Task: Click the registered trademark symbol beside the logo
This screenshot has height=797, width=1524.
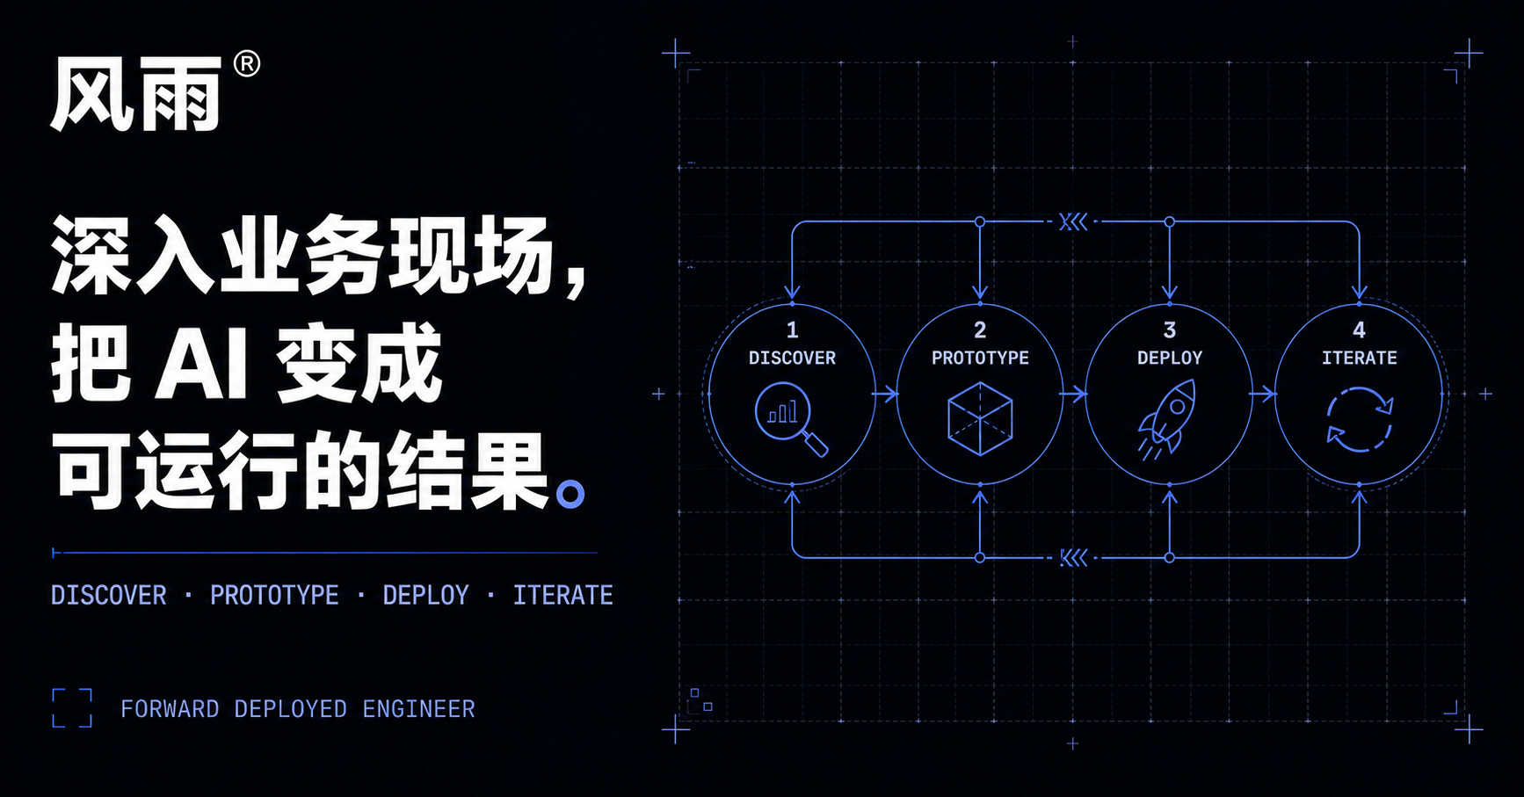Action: tap(247, 64)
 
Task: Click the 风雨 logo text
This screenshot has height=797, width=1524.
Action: tap(136, 95)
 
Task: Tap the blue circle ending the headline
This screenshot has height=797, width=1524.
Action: tap(570, 495)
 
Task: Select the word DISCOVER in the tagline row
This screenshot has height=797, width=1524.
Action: tap(109, 595)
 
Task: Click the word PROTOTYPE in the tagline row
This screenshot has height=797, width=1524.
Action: tap(274, 595)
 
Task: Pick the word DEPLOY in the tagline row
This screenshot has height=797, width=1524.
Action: tap(426, 595)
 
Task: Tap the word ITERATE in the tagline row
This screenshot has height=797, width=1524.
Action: tap(563, 595)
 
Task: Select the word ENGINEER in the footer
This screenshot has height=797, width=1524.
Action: tap(418, 709)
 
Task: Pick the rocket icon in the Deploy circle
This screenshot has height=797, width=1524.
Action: tap(1169, 418)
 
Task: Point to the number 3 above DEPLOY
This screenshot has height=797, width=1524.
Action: tap(1170, 330)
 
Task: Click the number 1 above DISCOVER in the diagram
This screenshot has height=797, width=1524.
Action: tap(793, 330)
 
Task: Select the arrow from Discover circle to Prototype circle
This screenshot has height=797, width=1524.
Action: tap(885, 394)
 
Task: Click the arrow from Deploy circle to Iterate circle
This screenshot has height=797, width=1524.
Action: tap(1263, 394)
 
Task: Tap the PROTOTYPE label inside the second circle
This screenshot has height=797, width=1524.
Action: tap(980, 358)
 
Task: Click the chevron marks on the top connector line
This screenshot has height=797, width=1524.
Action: tap(1073, 221)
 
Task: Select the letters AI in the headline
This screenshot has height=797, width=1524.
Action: tap(201, 364)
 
